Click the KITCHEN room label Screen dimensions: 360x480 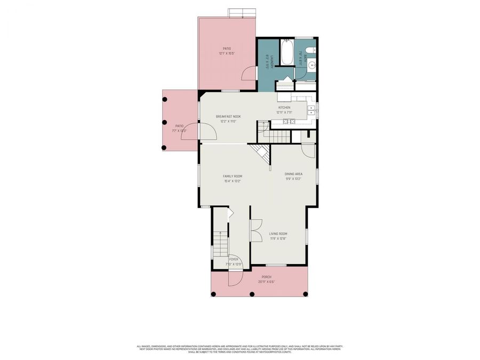click(x=284, y=107)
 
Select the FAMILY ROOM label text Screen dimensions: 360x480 click(x=233, y=176)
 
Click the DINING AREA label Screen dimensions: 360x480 click(x=293, y=174)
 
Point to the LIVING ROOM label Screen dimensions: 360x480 click(x=278, y=234)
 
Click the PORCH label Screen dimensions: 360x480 click(x=266, y=277)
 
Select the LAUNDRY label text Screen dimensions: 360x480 click(x=271, y=60)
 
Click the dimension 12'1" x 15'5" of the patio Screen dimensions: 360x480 click(x=227, y=53)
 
